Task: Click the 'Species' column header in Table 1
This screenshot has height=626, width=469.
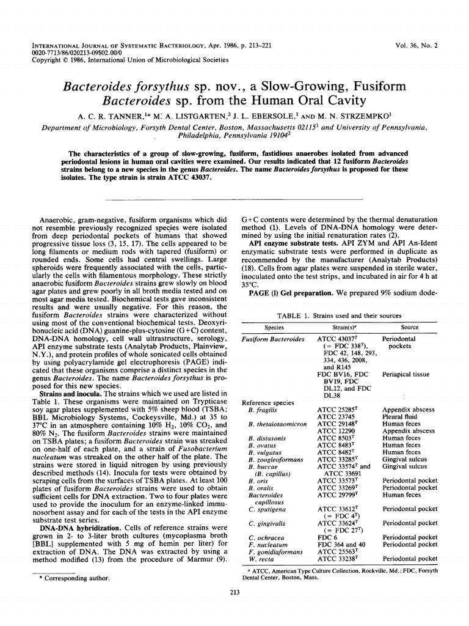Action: coord(270,328)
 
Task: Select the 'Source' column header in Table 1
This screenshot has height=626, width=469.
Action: coord(409,328)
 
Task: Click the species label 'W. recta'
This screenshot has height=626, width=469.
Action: coord(261,558)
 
